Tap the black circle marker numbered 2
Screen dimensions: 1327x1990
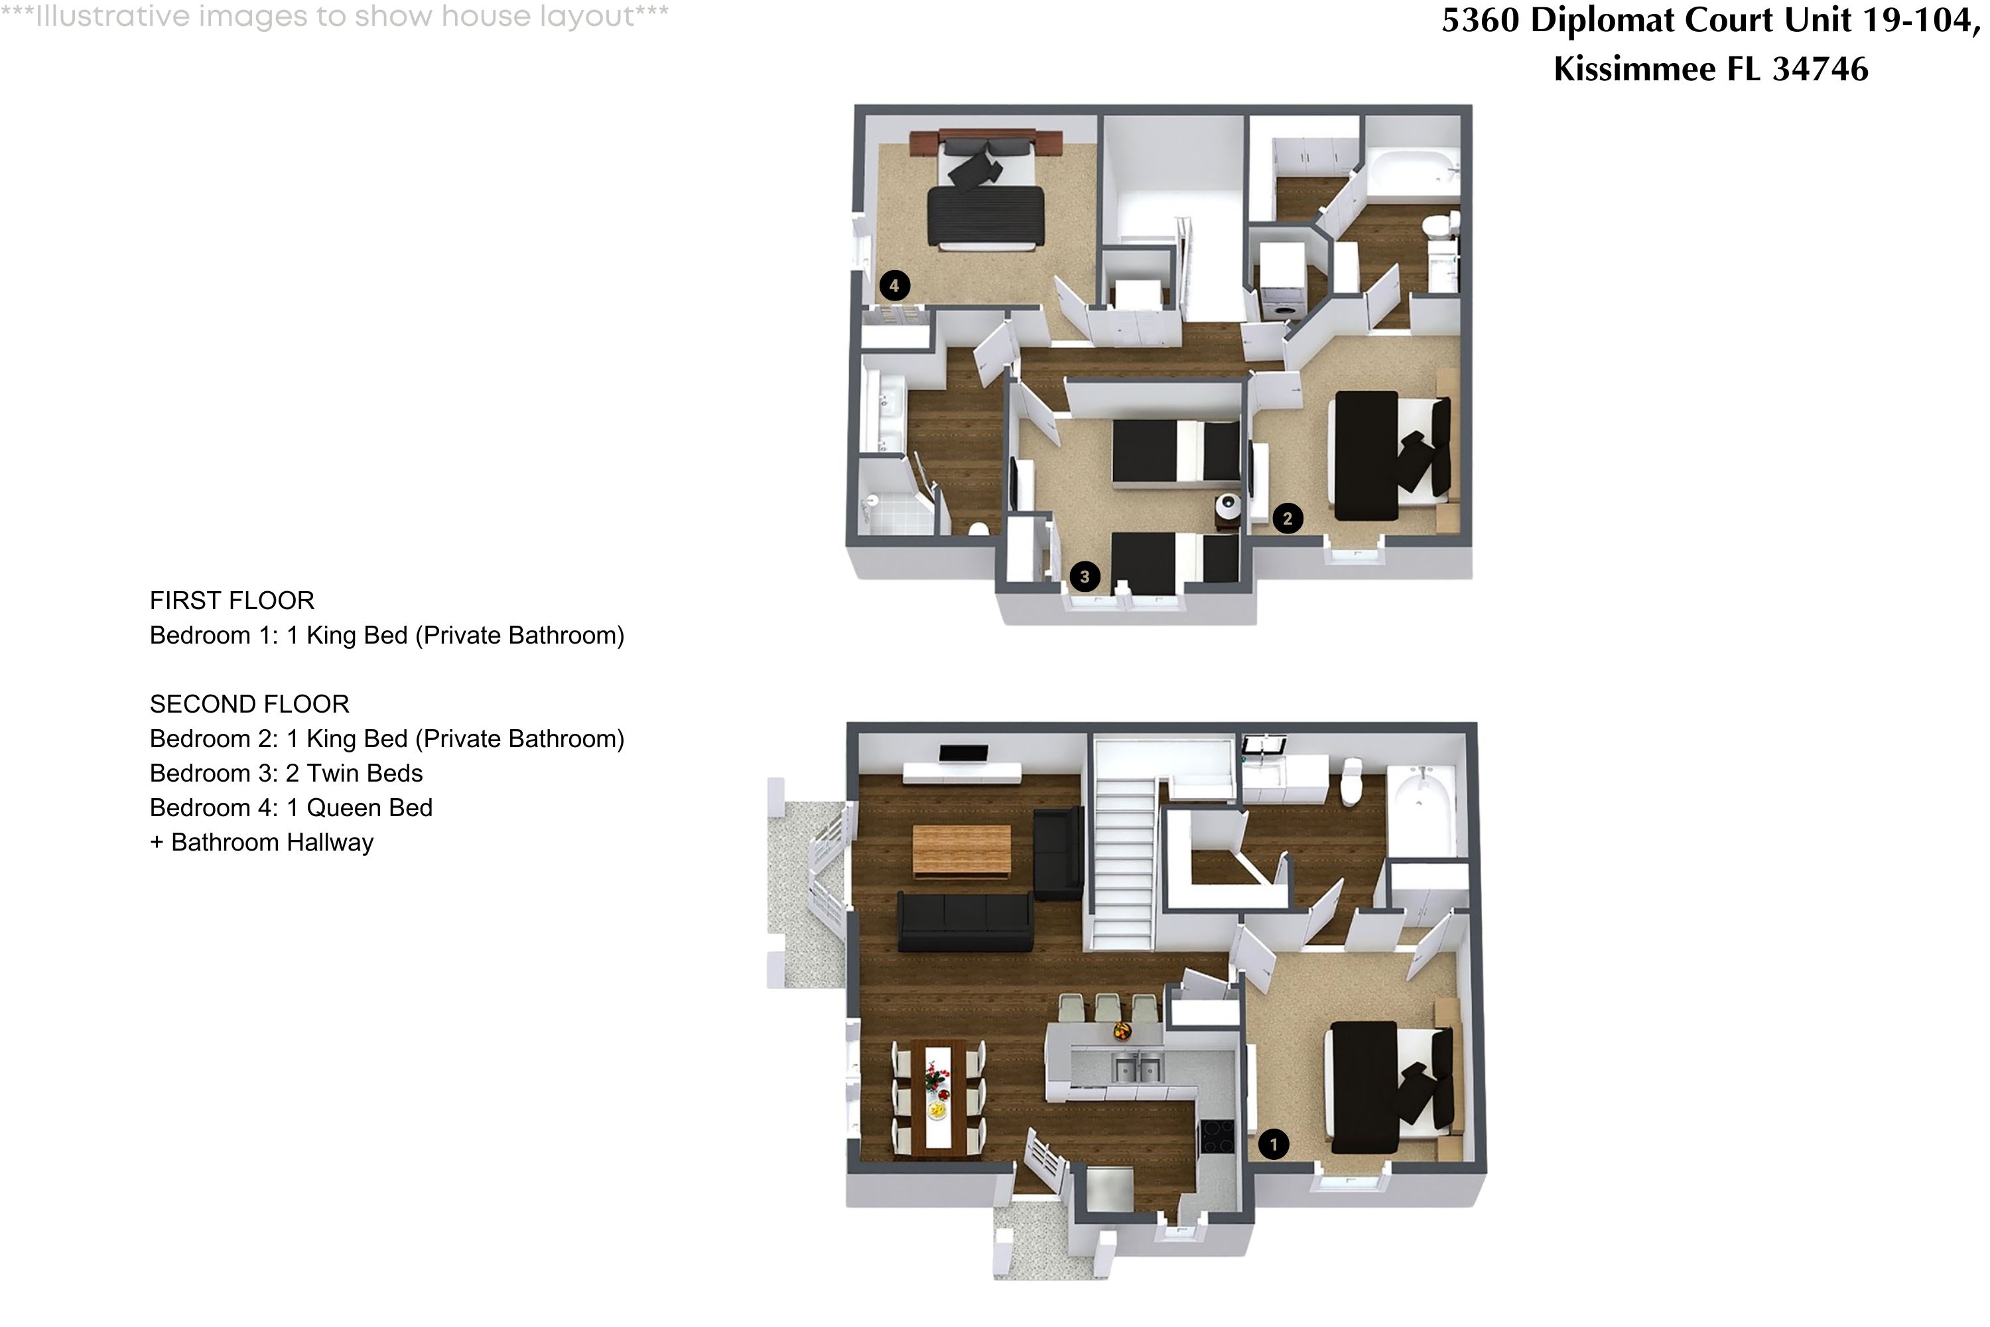click(x=1287, y=518)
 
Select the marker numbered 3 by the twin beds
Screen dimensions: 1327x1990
click(x=1084, y=577)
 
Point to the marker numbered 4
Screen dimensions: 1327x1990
click(x=894, y=285)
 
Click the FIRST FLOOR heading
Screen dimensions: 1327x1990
click(x=232, y=601)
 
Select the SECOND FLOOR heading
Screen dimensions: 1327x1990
click(x=249, y=704)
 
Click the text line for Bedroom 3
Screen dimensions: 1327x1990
click(x=286, y=774)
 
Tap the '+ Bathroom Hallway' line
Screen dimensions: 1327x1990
click(x=261, y=843)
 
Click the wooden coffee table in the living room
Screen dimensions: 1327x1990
click(x=961, y=851)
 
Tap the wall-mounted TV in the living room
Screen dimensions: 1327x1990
click(x=963, y=753)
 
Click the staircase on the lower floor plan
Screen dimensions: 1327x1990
click(x=1124, y=863)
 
